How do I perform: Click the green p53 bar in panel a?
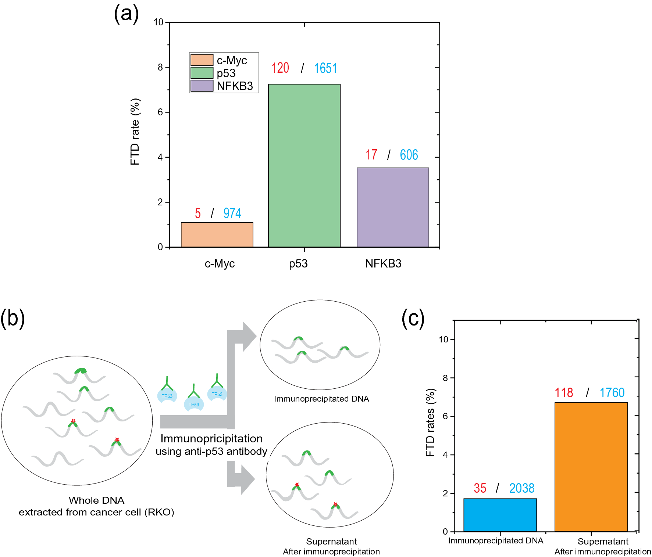(x=304, y=165)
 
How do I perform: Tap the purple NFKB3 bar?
(x=393, y=207)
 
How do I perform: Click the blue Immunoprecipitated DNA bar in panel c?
(x=500, y=515)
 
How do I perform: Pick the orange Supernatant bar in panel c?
(x=591, y=467)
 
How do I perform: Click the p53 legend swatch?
(x=202, y=73)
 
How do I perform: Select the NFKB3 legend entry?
(x=235, y=86)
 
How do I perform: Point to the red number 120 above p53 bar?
(x=280, y=68)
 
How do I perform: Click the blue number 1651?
(x=325, y=68)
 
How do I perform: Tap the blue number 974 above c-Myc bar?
(x=232, y=213)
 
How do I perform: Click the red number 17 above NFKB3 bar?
(x=371, y=155)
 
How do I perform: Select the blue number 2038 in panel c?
(x=521, y=488)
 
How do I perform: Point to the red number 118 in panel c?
(x=564, y=393)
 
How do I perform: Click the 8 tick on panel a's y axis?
(x=160, y=67)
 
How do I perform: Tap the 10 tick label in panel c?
(x=443, y=339)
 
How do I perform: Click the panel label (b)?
(x=13, y=318)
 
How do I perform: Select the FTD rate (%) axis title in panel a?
(x=135, y=132)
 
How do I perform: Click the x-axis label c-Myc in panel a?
(x=220, y=263)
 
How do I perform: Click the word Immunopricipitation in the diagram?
(x=211, y=439)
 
